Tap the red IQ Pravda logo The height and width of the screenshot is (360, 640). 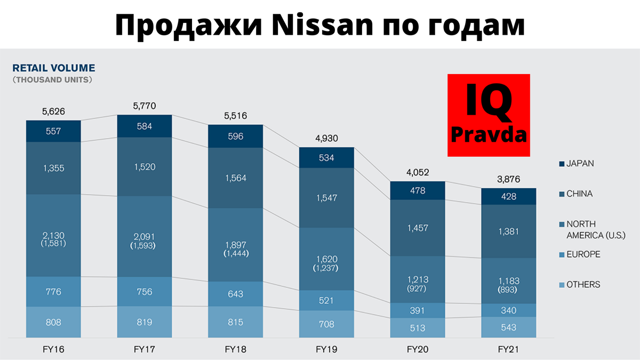489,116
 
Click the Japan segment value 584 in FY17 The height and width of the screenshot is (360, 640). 144,126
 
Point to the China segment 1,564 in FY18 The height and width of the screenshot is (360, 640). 235,178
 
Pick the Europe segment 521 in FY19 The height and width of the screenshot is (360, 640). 326,301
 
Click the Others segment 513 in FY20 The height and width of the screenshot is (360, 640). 417,328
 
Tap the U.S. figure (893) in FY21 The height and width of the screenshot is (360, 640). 508,290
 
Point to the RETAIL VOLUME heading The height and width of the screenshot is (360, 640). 53,68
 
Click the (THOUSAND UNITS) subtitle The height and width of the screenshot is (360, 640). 52,80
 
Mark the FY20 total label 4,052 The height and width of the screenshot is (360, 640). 417,172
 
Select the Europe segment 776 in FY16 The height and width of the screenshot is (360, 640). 53,292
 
